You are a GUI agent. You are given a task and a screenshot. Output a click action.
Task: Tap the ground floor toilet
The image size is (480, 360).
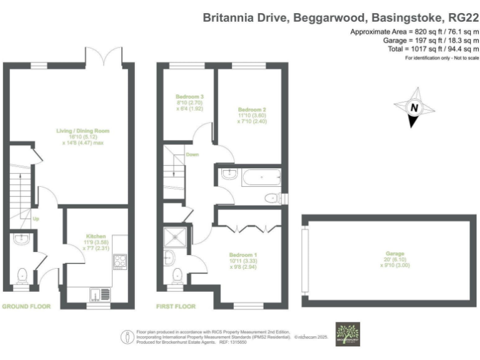tap(22, 274)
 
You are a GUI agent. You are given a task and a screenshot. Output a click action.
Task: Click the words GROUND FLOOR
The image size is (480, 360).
tap(26, 307)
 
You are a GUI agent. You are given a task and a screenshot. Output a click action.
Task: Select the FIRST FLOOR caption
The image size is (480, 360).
tap(176, 307)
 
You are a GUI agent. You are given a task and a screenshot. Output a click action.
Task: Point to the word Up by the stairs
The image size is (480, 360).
tap(36, 219)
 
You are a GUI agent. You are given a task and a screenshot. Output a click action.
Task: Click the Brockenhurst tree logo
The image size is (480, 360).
tap(347, 333)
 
